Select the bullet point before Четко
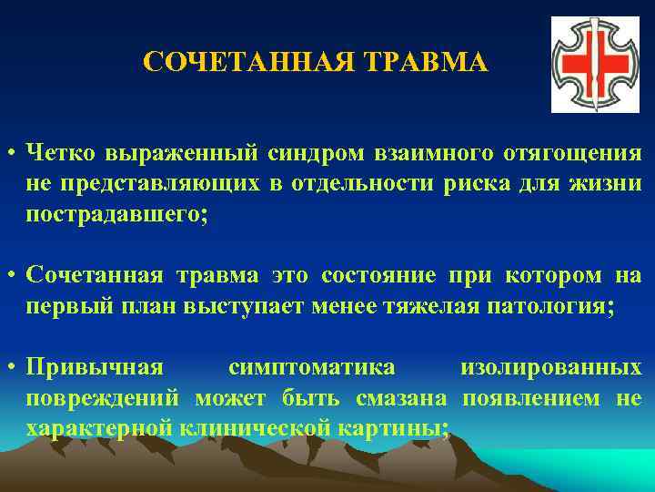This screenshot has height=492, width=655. point(12,152)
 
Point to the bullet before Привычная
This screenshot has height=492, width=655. point(12,368)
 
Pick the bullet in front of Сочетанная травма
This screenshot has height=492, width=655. point(12,276)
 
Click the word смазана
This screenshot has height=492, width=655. point(406,398)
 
